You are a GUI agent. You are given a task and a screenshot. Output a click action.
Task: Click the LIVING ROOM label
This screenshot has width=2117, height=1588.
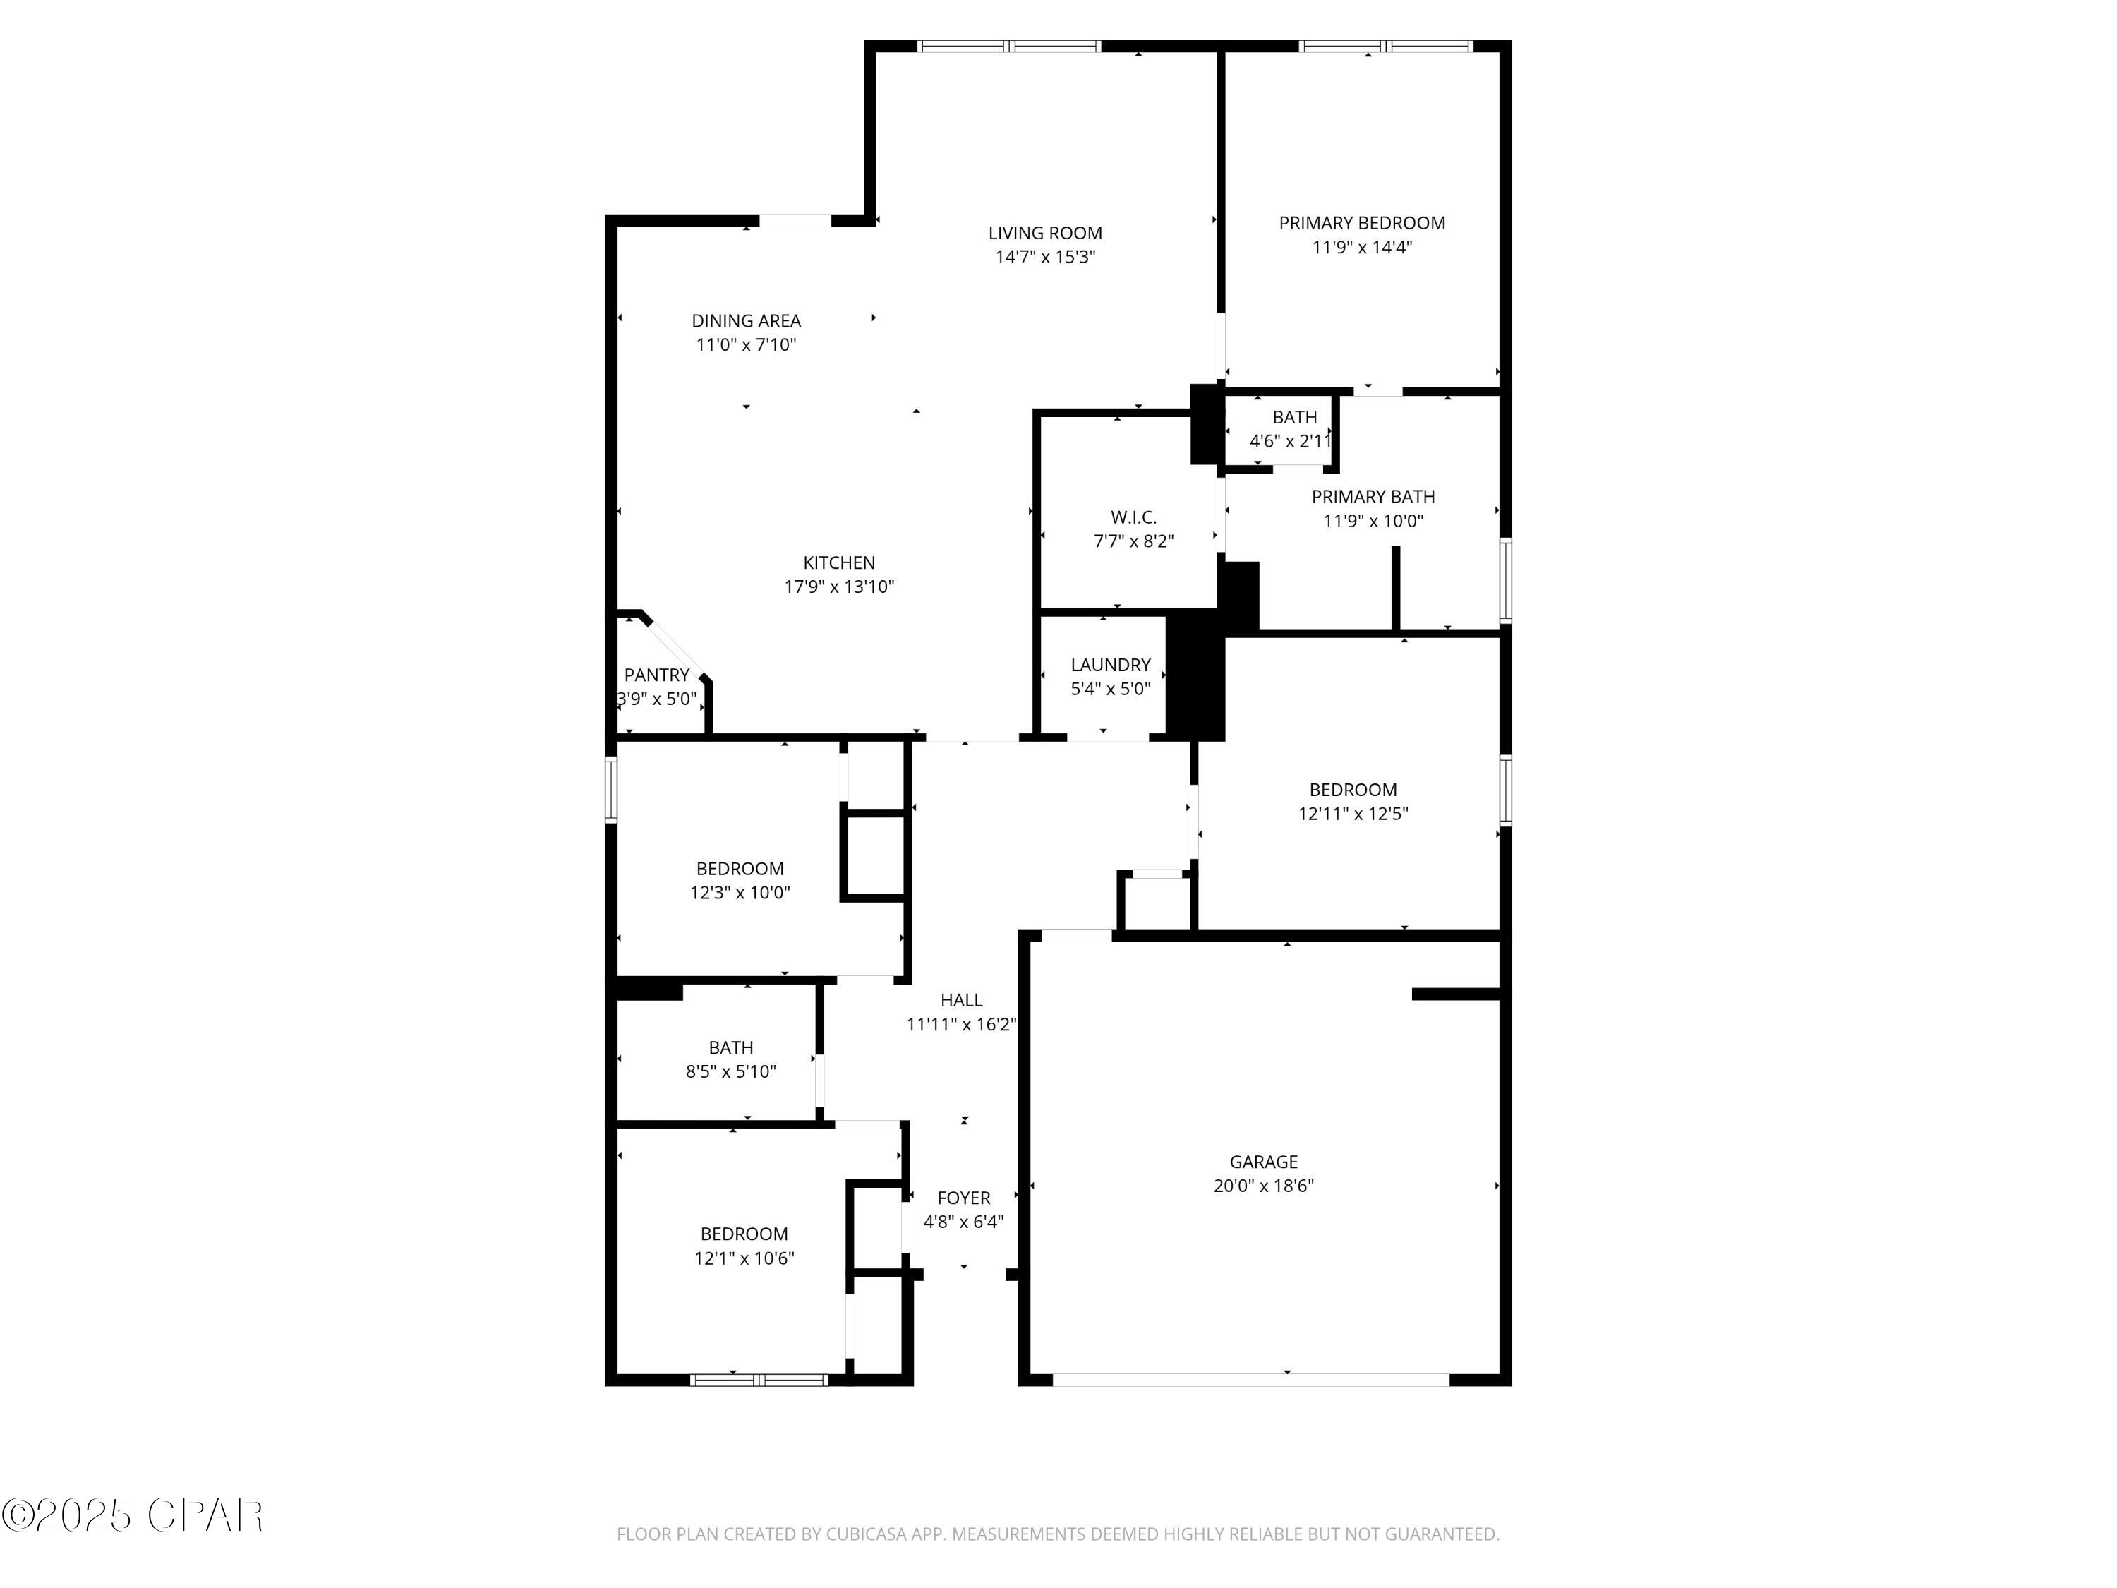coord(1044,233)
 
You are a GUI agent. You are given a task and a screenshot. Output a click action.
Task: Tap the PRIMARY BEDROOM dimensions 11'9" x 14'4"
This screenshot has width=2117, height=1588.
coord(1361,247)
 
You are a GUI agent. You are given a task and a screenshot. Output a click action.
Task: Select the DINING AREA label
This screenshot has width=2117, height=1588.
coord(746,320)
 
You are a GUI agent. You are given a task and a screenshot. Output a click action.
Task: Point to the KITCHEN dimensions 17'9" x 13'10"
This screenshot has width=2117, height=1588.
coord(838,587)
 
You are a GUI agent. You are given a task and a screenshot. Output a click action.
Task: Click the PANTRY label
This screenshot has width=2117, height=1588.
coord(656,675)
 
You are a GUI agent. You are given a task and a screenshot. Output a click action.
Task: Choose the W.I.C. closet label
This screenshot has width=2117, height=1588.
coord(1133,517)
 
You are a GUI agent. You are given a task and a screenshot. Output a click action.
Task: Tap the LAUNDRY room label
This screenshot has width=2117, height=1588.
coord(1110,664)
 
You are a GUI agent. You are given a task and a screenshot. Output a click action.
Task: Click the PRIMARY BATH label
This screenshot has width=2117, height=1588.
coord(1373,496)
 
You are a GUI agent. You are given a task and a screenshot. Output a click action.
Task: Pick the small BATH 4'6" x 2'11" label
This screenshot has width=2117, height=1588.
coord(1294,417)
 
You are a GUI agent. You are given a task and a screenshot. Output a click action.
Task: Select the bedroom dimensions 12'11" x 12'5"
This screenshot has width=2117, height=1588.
coord(1352,814)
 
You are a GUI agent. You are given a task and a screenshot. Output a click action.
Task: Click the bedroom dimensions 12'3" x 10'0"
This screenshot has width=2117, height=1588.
coord(740,892)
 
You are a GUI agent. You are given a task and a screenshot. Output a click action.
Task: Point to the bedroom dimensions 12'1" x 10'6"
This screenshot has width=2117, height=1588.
coord(744,1258)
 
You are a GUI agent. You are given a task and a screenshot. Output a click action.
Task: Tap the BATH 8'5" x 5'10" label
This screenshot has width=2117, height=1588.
coord(730,1047)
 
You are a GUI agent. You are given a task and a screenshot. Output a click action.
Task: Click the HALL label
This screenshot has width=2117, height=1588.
coord(961,999)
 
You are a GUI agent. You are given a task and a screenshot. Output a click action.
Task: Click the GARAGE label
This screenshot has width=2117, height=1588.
coord(1263,1161)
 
